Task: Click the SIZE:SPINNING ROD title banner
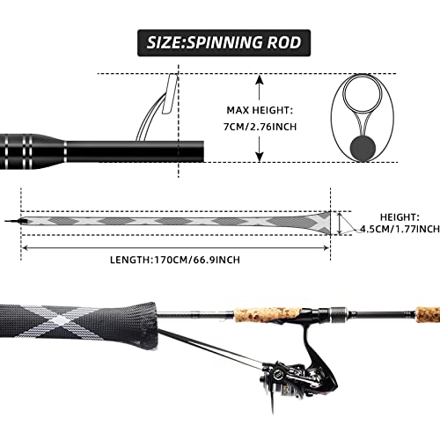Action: pos(220,41)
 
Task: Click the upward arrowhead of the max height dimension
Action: pos(260,79)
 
